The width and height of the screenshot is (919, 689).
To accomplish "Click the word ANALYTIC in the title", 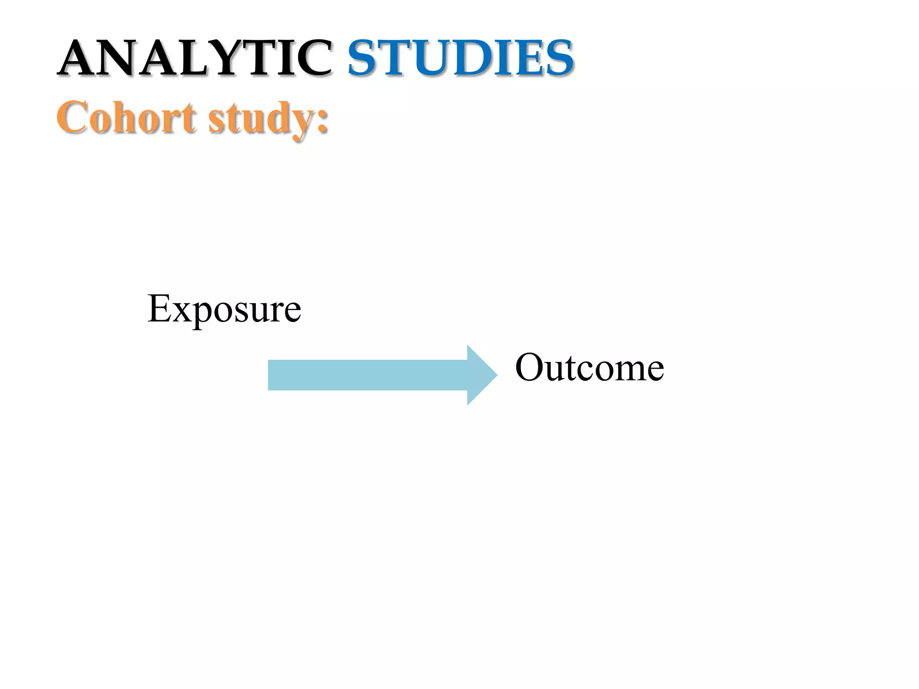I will click(x=195, y=58).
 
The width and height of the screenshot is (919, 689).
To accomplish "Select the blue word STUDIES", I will click(x=461, y=58).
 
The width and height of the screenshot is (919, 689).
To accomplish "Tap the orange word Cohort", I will click(x=126, y=118).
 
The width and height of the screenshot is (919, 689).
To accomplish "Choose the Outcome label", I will click(x=589, y=368).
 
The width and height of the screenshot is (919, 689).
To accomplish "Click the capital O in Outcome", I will click(x=530, y=368).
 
